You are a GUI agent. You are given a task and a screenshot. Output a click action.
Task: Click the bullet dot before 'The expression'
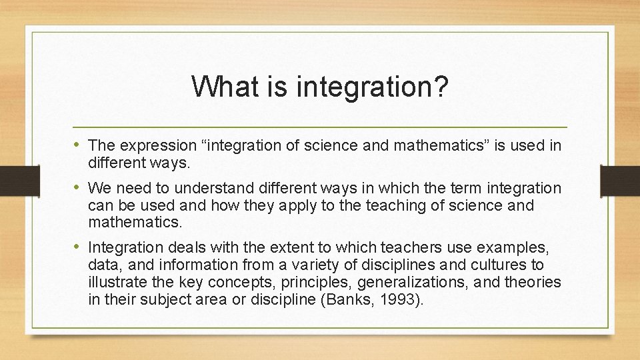point(77,145)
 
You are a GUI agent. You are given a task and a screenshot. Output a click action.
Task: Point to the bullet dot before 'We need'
point(77,188)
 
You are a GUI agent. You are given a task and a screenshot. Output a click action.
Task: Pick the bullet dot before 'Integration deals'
point(77,247)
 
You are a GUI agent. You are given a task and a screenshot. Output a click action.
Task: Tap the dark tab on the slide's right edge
point(619,180)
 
